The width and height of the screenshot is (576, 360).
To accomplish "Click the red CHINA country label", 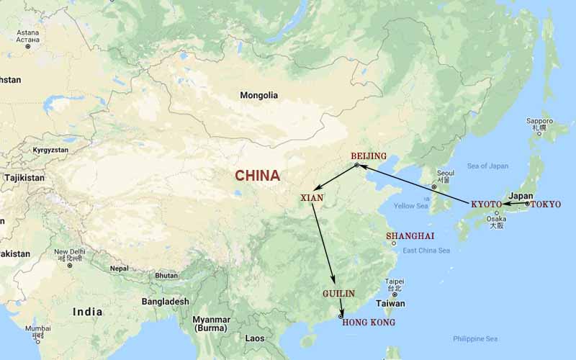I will pos(257,175).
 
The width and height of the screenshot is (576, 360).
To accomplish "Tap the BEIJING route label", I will pos(369,156).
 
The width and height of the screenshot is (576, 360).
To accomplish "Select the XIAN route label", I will pos(312,197).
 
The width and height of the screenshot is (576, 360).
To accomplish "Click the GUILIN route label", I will pos(338,294).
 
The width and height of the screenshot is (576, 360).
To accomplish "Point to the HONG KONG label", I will pos(369,323).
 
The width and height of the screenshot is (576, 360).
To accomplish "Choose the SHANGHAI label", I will pos(410,236).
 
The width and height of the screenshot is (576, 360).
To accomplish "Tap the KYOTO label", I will pos(486,204).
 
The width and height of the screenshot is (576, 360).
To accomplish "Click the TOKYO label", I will pos(545,204).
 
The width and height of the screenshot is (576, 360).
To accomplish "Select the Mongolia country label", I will pos(259,95).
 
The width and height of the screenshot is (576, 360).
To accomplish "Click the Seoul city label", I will pos(445,174).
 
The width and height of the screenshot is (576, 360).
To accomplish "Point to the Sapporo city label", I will pos(539,122).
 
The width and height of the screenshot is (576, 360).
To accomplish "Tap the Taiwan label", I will pos(392,304).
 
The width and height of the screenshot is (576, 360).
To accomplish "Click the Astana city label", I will pos(28,33).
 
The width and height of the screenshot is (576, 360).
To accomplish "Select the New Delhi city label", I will pos(70,253).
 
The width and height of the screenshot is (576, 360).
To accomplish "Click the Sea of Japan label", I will pos(487,166).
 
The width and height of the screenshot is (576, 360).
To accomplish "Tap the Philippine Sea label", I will pos(475,338).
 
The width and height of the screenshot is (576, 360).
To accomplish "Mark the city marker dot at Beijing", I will pos(356,166).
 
